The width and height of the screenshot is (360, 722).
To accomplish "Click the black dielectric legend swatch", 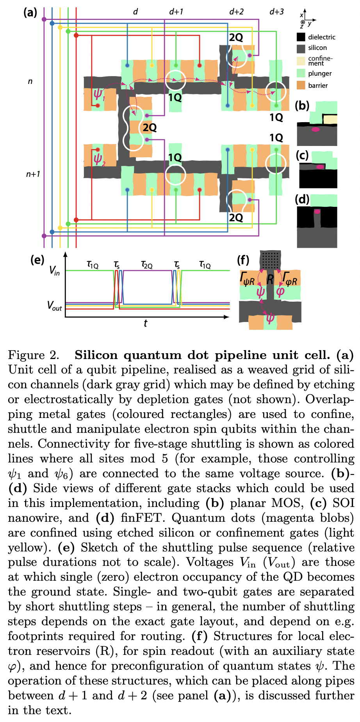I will pos(301,37).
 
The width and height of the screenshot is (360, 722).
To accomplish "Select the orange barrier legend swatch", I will pos(301,85).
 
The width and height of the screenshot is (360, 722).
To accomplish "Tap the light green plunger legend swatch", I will pos(301,73).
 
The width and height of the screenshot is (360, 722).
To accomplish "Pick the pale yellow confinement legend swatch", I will pos(301,61).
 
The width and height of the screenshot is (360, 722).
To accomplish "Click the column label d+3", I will pos(276,12).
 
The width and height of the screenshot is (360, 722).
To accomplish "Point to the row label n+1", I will pos(33,174).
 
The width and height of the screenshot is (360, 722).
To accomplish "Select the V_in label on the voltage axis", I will pos(54,270).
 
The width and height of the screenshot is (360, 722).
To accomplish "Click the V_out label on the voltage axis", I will pos(54,305).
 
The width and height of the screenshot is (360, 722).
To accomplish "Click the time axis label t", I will pos(145,323).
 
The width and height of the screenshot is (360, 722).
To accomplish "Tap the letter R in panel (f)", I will pos(270,279).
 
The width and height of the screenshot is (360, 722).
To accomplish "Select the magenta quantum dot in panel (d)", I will pos(317,212).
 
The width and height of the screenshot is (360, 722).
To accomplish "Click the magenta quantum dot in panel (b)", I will pos(315,129).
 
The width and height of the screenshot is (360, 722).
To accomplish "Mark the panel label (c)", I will pos(302,155).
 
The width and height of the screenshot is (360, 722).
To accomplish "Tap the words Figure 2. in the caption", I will pos(34,355).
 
